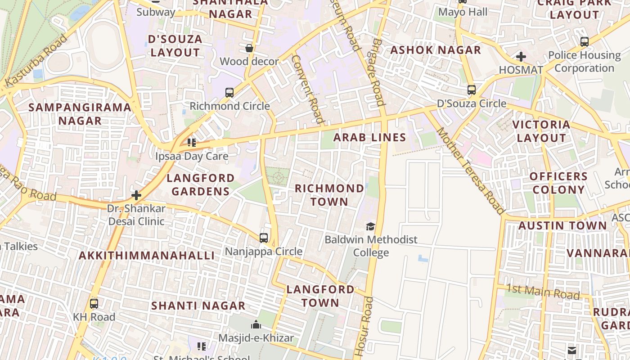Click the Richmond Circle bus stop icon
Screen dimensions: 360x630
point(229,93)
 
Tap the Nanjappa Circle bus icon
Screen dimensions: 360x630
point(264,238)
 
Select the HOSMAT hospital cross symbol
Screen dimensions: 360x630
point(521,57)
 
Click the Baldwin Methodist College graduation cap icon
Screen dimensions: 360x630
point(370,226)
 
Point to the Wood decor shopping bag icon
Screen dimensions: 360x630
point(249,48)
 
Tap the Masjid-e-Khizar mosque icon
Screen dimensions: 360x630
point(256,324)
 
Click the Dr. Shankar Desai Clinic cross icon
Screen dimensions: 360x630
point(136,195)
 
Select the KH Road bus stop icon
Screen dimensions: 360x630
point(94,304)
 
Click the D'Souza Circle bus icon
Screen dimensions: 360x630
point(471,90)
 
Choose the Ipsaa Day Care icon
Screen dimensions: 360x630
point(192,143)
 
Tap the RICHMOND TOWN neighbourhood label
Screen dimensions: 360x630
point(329,195)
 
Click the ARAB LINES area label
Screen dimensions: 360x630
point(369,138)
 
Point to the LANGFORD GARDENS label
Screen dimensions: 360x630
point(201,184)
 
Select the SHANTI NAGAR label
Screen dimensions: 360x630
point(198,306)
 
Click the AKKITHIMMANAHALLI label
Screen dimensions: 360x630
point(147,256)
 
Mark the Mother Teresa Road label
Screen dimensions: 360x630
point(470,171)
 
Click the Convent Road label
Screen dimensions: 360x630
point(308,89)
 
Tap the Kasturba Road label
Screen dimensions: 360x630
point(36,61)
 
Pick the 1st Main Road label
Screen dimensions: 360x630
point(543,292)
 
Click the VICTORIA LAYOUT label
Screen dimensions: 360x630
point(541,131)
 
